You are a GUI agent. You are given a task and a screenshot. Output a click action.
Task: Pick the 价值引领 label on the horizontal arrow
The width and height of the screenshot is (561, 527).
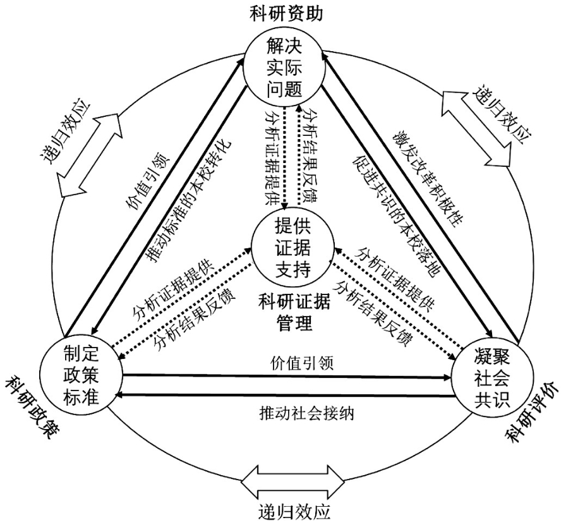[x=291, y=363]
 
